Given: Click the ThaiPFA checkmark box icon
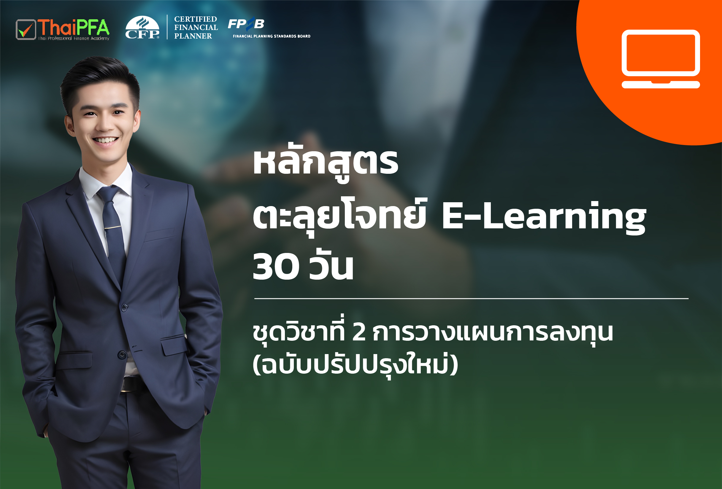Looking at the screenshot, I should (x=26, y=29).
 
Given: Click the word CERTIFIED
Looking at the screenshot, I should (x=196, y=19).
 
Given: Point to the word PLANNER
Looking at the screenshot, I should (x=193, y=36).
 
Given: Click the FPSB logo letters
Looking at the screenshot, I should (x=246, y=24).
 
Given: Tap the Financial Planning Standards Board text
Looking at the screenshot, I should (x=272, y=36).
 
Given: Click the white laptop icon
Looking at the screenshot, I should (x=661, y=59).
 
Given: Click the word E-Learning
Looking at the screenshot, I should (x=544, y=216).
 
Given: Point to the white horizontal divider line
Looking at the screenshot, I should (x=471, y=299).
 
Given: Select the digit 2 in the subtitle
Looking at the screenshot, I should (x=359, y=332).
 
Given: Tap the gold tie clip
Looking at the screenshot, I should (x=113, y=227).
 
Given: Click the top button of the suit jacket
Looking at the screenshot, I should (x=124, y=308).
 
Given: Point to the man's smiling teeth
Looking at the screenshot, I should (x=106, y=140).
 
